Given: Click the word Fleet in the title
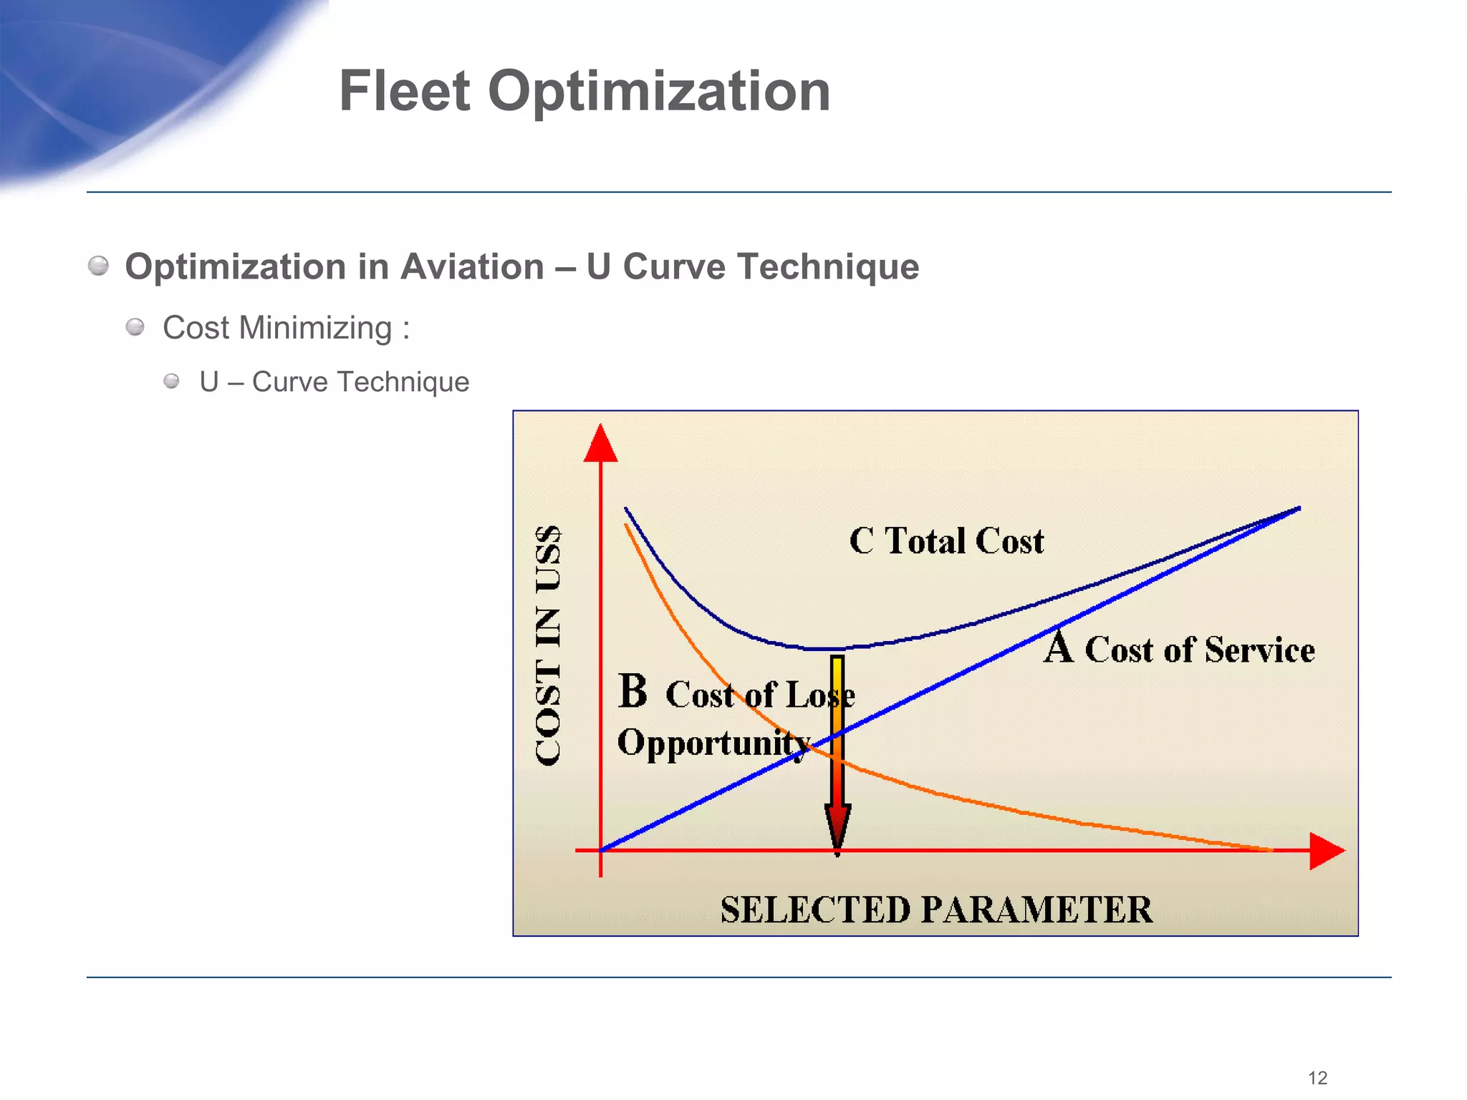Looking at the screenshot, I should point(404,91).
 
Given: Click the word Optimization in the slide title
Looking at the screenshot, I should point(659,91).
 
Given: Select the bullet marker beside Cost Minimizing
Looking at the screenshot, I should point(135,328).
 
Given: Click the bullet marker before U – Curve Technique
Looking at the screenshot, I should point(171,381).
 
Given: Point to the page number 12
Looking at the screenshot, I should point(1317,1078).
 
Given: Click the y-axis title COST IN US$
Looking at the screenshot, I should point(549,645).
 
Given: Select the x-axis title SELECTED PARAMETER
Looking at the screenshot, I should point(936,910).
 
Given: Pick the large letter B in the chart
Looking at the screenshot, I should point(633,692).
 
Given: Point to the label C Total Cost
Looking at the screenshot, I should point(946,541).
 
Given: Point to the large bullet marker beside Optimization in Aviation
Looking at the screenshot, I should point(98,266).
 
